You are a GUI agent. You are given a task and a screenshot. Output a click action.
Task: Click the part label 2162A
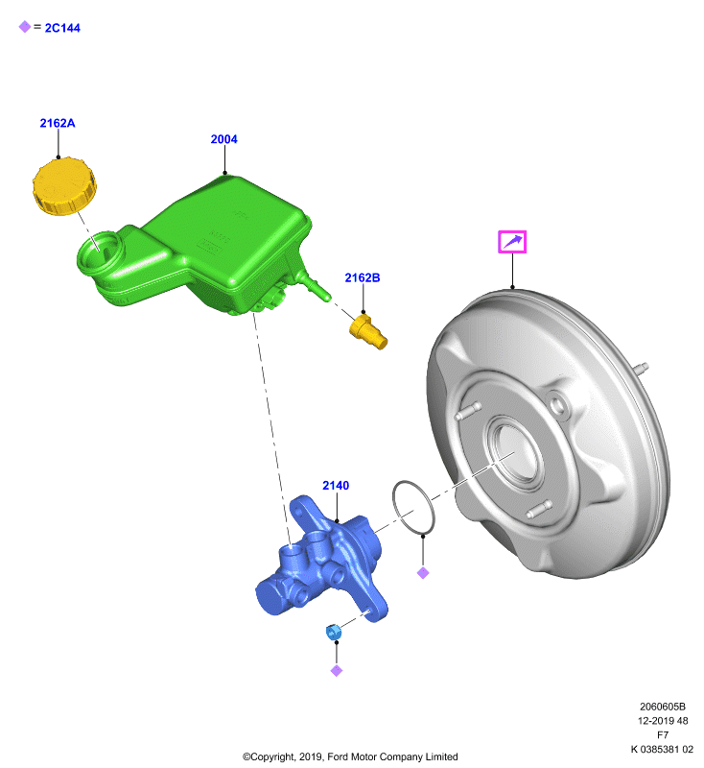coord(58,123)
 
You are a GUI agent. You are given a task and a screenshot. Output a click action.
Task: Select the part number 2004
coord(224,139)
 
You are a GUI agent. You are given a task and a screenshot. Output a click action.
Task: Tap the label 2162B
coord(363,277)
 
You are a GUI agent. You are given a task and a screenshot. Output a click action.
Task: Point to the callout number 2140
coord(336,486)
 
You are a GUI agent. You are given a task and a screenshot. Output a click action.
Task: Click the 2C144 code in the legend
coord(62,28)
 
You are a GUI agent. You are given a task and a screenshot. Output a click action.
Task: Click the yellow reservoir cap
coord(64,186)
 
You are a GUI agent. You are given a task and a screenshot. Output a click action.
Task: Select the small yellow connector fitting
coord(368,332)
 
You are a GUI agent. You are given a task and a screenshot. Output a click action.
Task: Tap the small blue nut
coord(333,632)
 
